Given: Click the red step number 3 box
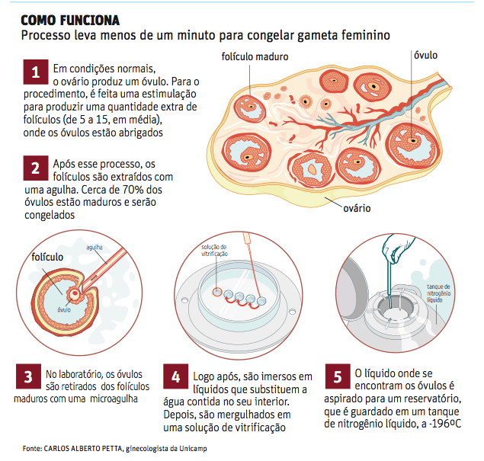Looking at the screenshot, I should tap(27, 376).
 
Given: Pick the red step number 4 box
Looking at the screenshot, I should tap(175, 376).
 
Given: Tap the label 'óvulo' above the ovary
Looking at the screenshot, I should tap(425, 55).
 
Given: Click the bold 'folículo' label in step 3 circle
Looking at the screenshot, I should tap(47, 258).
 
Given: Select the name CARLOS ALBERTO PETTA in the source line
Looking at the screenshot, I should tap(85, 448).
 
